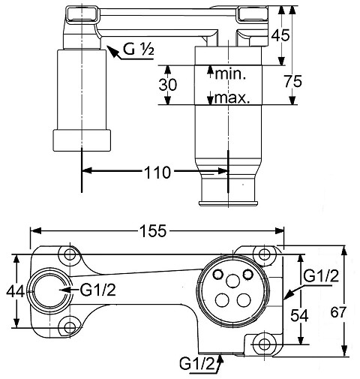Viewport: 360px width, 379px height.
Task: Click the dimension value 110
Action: pyautogui.click(x=157, y=173)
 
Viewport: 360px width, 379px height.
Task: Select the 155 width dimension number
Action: pyautogui.click(x=152, y=230)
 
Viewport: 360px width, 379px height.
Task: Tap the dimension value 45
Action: pyautogui.click(x=280, y=35)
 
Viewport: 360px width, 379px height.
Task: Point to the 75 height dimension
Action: pyautogui.click(x=293, y=82)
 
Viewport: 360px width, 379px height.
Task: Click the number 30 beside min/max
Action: pyautogui.click(x=168, y=85)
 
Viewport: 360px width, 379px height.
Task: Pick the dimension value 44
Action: pyautogui.click(x=15, y=291)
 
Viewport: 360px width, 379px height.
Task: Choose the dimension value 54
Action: pyautogui.click(x=299, y=316)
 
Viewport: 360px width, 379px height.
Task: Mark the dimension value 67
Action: pyautogui.click(x=338, y=312)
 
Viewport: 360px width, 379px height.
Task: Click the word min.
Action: pyautogui.click(x=230, y=74)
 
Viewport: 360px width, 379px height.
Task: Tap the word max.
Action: pyautogui.click(x=232, y=98)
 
